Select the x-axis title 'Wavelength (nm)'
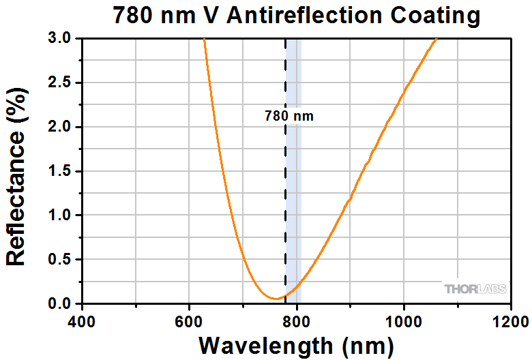coord(295,344)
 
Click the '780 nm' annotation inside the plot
coord(289,117)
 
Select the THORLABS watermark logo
coord(476,289)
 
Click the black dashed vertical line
coord(285,205)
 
